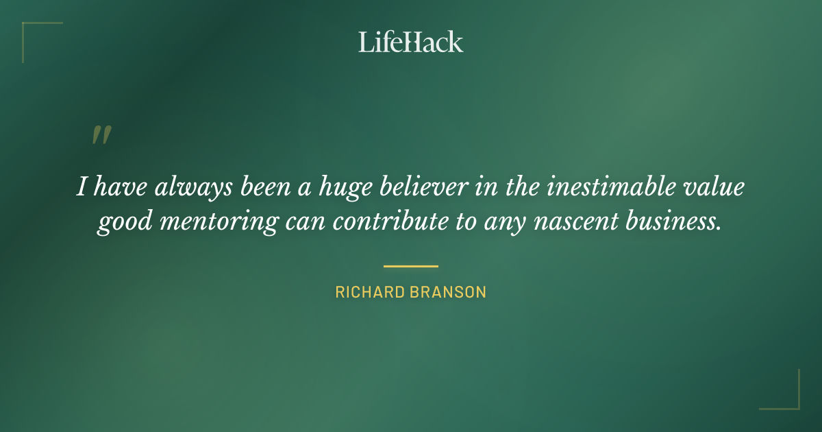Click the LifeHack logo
[410, 42]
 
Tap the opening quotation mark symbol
[101, 135]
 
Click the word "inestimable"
[597, 187]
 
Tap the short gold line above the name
[410, 266]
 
